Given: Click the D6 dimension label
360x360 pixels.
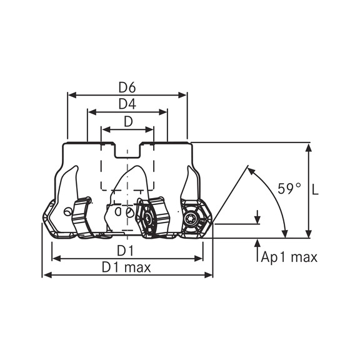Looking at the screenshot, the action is pos(127,87).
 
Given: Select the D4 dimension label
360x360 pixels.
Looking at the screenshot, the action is pos(127,104).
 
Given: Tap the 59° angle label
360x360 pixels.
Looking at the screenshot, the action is pos(289,189).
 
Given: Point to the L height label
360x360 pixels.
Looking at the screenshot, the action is pos(316,190).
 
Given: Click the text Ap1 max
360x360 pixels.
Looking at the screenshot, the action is pos(289,257).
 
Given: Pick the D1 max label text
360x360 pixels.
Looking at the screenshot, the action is pos(126,267).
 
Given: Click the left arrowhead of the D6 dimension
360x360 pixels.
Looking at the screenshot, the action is pos(72,95).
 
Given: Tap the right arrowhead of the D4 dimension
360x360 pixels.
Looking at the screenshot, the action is pos(162,112).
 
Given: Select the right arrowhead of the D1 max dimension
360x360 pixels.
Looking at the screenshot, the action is pos(209,275).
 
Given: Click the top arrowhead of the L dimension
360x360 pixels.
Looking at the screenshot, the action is pos(309,147).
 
